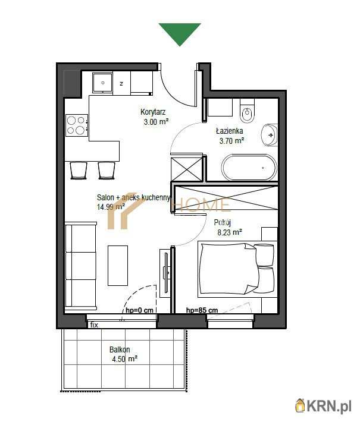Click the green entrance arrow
pos(180,33)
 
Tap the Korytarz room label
pos(153,112)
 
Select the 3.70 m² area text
pos(230,141)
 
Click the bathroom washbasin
pos(270,135)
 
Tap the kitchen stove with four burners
pos(76,125)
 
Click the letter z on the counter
pos(121,84)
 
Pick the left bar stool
pos(79,170)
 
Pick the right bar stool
pos(107,170)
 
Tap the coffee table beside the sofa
pos(117,265)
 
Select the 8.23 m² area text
pos(228,233)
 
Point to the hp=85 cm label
pos(202,310)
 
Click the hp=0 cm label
pos(140,310)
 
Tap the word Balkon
pos(120,350)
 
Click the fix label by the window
pos(94,325)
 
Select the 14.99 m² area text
pos(111,207)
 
